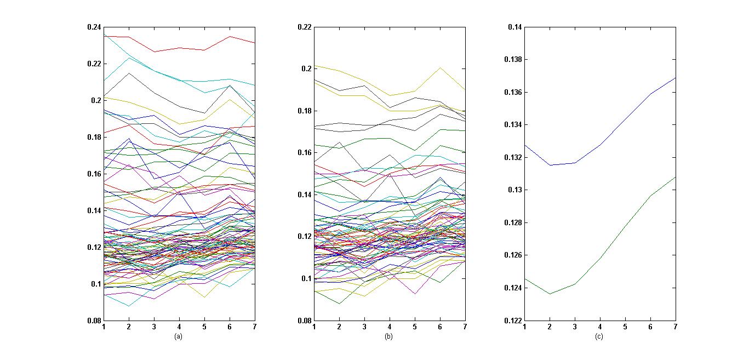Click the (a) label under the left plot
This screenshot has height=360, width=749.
point(178,336)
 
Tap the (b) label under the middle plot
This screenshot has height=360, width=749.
point(388,336)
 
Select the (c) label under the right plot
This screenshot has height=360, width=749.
point(599,336)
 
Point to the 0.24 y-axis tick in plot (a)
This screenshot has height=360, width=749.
point(94,27)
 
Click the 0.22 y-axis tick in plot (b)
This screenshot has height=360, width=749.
point(305,27)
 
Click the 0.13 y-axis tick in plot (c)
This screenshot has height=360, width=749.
point(515,190)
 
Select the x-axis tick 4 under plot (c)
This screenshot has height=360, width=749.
point(600,327)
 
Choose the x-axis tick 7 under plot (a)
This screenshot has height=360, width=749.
point(255,327)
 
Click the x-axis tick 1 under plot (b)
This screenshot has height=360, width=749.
point(314,327)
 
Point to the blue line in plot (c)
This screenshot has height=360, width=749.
point(625,118)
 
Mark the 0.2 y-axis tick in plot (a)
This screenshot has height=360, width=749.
point(96,100)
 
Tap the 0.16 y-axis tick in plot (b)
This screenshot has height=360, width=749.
point(305,153)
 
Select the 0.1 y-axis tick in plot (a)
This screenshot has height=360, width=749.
point(96,284)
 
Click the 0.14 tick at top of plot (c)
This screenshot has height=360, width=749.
point(515,27)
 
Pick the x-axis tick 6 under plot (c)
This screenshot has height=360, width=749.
point(650,327)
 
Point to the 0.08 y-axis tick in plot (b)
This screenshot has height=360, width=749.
point(305,321)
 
